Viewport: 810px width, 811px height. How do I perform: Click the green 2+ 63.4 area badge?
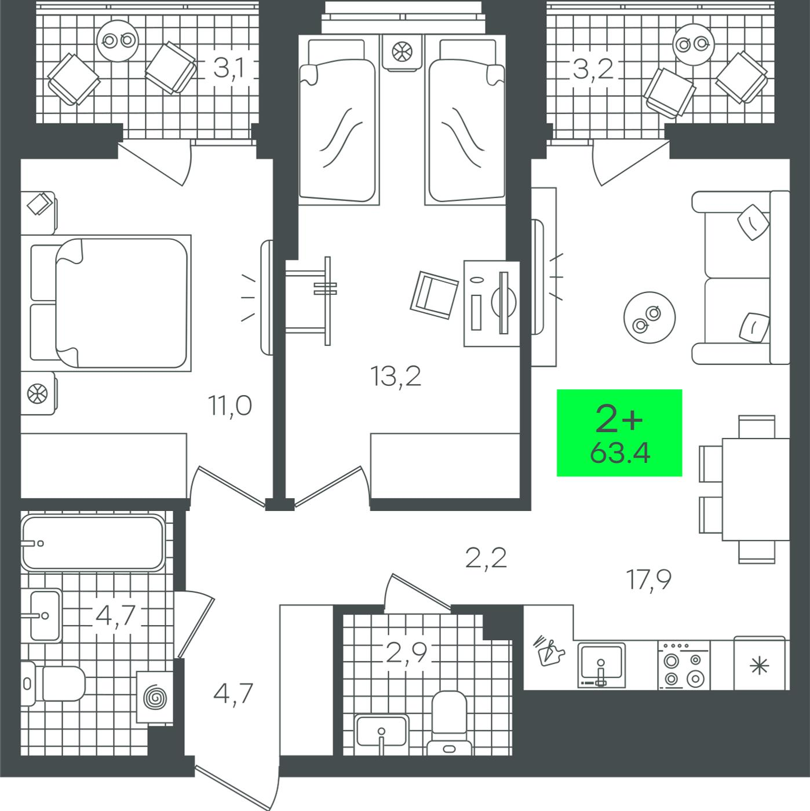619,433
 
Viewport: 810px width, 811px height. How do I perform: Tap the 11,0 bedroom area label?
230,405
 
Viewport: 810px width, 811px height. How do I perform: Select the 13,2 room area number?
396,376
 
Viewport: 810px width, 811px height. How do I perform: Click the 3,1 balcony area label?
229,68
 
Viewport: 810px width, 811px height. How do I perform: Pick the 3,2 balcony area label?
593,69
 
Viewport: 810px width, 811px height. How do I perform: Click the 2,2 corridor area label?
486,558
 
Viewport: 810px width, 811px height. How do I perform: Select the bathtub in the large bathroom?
93,543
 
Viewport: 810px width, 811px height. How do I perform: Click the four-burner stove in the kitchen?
684,666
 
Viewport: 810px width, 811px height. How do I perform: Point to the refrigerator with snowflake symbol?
760,664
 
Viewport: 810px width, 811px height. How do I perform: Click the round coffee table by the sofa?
649,318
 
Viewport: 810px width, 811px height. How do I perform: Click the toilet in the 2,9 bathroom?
450,723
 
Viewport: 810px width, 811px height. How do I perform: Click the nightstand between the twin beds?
402,52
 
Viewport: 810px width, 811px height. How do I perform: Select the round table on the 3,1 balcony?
118,41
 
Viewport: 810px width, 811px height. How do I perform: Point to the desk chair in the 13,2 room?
435,295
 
